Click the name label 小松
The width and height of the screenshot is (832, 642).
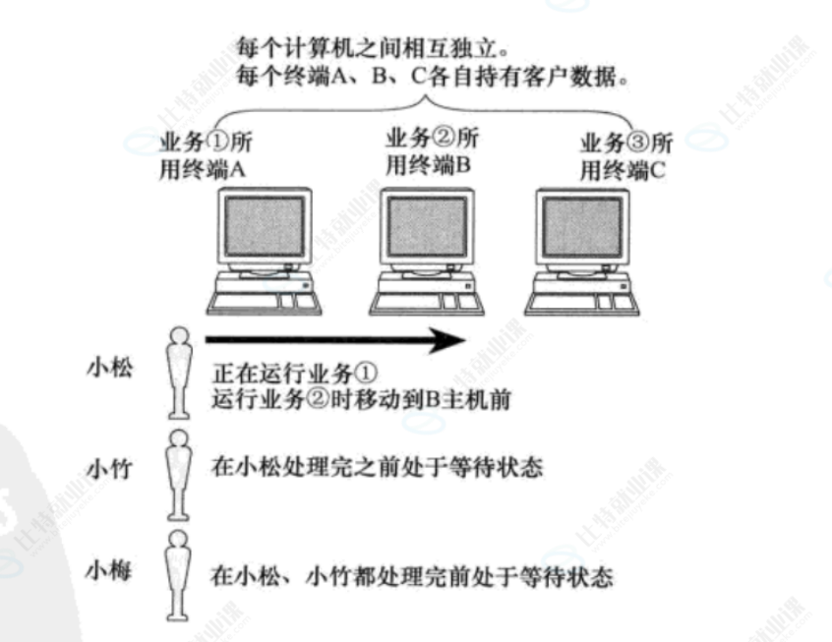(109, 369)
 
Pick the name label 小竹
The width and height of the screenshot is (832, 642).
(109, 468)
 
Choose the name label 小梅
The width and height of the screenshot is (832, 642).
(109, 571)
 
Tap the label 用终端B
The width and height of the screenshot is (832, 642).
(430, 165)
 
